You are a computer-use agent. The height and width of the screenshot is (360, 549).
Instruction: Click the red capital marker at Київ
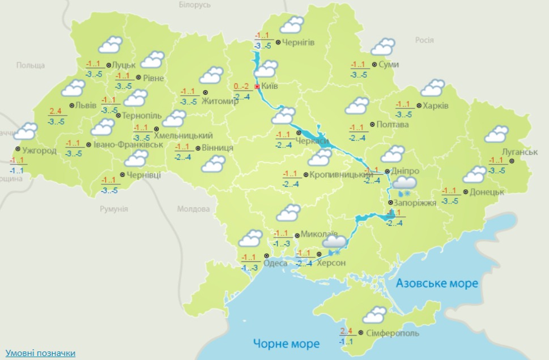point(257,87)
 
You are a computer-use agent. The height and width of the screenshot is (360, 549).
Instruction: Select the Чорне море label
point(287,343)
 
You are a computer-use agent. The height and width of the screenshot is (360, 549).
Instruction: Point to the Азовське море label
point(437,283)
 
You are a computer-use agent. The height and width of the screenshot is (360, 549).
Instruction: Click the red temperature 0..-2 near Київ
point(242,87)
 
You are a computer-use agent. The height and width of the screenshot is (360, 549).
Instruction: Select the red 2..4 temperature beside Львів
point(56,111)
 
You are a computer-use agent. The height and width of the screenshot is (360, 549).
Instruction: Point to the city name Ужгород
point(39,150)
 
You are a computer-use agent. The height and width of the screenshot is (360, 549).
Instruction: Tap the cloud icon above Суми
point(384,46)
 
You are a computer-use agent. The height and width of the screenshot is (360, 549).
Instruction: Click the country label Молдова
point(193,209)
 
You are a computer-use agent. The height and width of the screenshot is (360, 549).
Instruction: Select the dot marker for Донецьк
point(466,192)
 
